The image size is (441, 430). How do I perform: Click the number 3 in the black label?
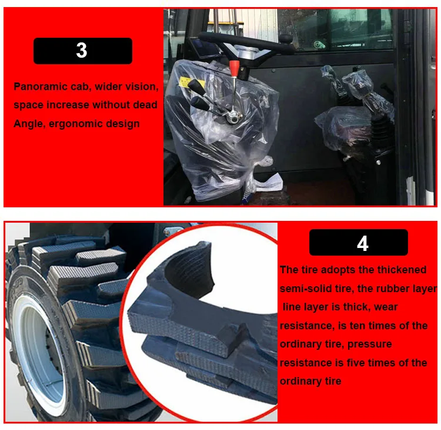(x=82, y=51)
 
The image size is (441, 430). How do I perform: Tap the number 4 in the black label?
(x=363, y=244)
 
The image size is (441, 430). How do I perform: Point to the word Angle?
(x=29, y=124)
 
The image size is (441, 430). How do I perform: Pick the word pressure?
(x=370, y=345)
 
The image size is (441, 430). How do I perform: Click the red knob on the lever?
(x=234, y=68)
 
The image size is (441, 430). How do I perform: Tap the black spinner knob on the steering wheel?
(x=285, y=38)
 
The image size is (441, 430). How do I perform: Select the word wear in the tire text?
(x=386, y=307)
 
